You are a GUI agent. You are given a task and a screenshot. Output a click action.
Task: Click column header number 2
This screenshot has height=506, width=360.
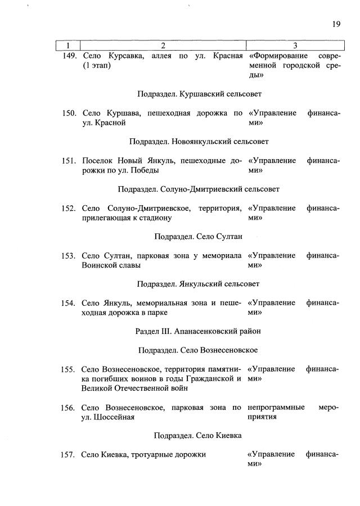tap(163, 45)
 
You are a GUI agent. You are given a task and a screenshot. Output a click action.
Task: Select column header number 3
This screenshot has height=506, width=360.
tap(295, 45)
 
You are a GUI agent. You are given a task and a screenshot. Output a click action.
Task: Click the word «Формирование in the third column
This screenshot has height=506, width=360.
tap(277, 56)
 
